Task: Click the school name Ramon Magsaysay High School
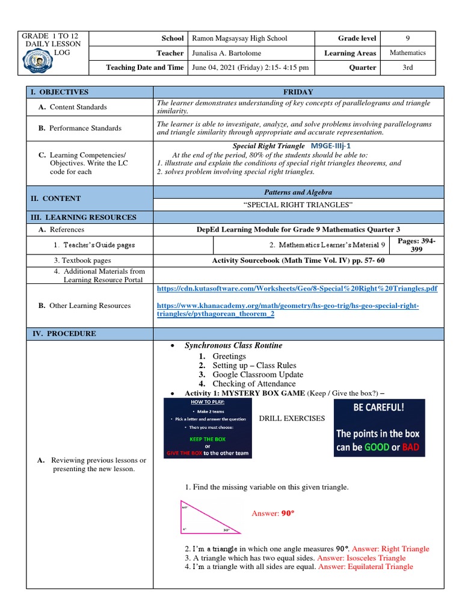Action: tap(239, 38)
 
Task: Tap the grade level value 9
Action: tap(407, 38)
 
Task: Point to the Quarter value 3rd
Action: tap(407, 67)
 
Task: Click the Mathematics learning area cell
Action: tap(407, 53)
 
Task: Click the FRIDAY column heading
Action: tap(299, 92)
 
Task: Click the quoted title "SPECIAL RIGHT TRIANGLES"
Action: tap(299, 206)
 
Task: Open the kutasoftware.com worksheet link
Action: tap(297, 289)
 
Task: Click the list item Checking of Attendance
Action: tap(254, 383)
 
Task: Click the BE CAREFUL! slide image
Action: tap(379, 428)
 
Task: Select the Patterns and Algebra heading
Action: tap(299, 192)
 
